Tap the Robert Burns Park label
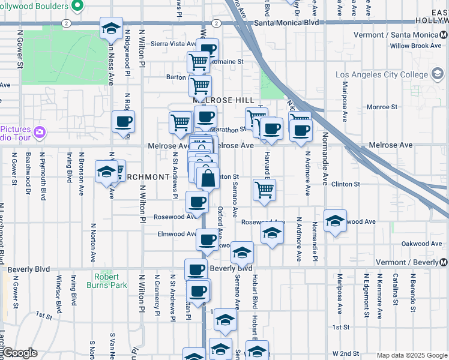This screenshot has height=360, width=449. (110, 281)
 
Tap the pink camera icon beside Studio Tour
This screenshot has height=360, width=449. (40, 132)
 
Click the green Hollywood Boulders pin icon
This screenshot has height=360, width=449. (77, 7)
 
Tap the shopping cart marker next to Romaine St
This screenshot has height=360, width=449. (198, 61)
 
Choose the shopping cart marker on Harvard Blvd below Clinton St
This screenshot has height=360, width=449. (265, 190)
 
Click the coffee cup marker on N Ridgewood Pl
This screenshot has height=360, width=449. (124, 122)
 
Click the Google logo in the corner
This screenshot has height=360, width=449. (19, 353)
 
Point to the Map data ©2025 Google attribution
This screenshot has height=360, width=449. (411, 355)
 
